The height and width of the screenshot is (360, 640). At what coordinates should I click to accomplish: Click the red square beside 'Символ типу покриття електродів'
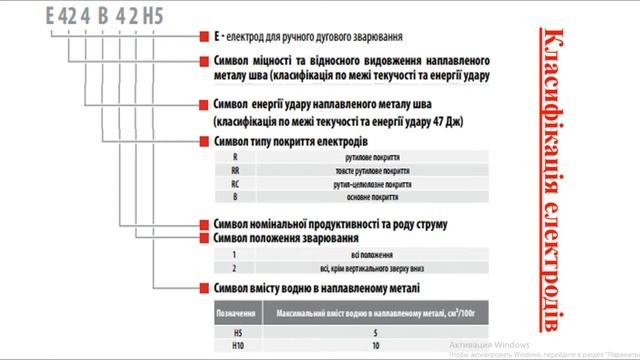(205, 142)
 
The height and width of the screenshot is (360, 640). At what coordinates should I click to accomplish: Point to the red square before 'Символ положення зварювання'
(205, 240)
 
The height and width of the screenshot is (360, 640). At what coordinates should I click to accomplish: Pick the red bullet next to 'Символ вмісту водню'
(205, 288)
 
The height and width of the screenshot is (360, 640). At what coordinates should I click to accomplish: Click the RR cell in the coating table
(235, 171)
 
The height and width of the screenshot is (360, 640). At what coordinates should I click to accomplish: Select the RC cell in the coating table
(235, 184)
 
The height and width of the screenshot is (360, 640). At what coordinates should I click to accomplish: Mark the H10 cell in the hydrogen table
(235, 343)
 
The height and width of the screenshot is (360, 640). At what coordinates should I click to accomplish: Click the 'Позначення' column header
(237, 312)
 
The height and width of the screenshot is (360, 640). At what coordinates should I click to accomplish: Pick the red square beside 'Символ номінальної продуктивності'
(205, 225)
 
